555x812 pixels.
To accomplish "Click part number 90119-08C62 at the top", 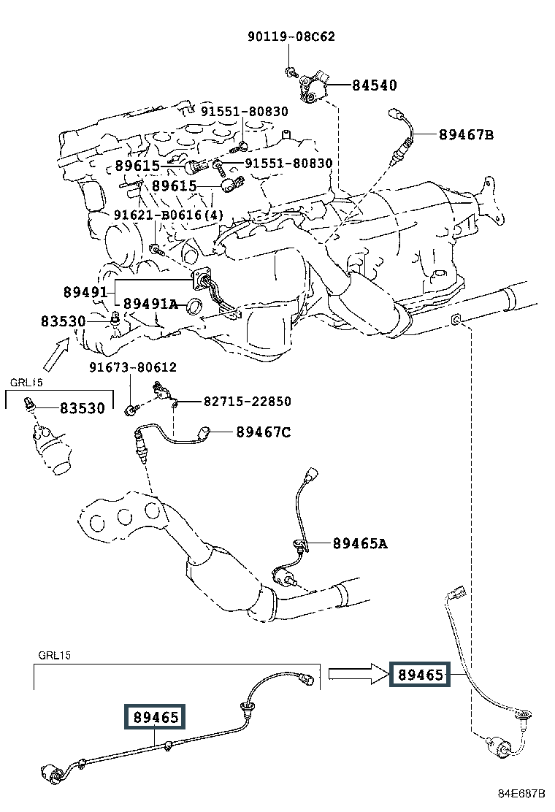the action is pos(291,37).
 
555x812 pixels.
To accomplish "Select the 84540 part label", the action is pos(375,85).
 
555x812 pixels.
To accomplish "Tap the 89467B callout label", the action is pos(466,134).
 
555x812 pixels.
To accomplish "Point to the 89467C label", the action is pos(264,432).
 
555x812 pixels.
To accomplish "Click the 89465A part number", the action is pos(360,543).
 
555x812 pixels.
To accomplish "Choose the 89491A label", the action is pos(150,304).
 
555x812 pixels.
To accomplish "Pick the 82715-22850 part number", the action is pos(248,402).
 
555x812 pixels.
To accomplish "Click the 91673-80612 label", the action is pos(133,367).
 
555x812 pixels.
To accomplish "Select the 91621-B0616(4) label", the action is pos(169,215).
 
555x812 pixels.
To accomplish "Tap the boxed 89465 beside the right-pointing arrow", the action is pos(420,674).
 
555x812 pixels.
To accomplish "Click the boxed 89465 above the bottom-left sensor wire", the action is pos(155,717).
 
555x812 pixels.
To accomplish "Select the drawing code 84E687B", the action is pos(522,794).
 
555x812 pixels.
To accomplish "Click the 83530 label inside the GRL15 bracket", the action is pos(83,408).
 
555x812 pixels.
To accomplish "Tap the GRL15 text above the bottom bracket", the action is pos(54,655).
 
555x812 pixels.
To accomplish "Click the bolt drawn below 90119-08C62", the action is pos(291,72).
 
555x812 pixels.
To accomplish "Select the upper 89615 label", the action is pos(137,166).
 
